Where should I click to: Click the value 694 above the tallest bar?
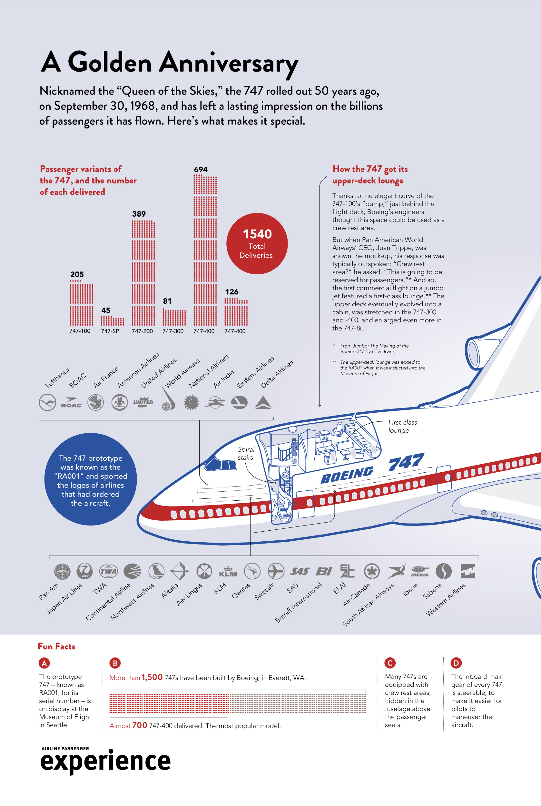(201, 169)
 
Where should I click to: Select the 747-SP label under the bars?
(110, 331)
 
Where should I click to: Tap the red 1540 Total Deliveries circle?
(257, 244)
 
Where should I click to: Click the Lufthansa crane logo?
(48, 402)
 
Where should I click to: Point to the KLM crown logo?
(228, 571)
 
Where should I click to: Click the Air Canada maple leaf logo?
(372, 571)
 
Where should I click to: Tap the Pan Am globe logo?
(62, 572)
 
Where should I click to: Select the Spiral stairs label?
(246, 453)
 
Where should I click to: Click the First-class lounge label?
(402, 426)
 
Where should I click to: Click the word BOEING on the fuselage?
(347, 476)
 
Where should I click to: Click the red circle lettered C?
(390, 663)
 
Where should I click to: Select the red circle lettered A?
(44, 663)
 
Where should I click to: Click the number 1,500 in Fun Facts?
(152, 677)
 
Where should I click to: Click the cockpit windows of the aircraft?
(221, 464)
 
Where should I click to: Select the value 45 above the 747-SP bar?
(105, 310)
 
